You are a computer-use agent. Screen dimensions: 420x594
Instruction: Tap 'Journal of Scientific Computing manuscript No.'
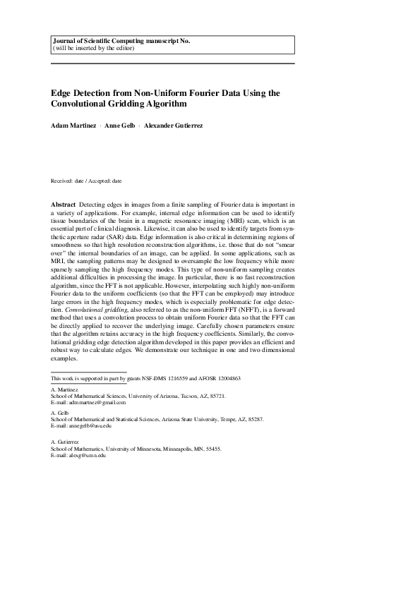pos(121,41)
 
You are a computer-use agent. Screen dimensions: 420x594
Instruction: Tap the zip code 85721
pos(216,396)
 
